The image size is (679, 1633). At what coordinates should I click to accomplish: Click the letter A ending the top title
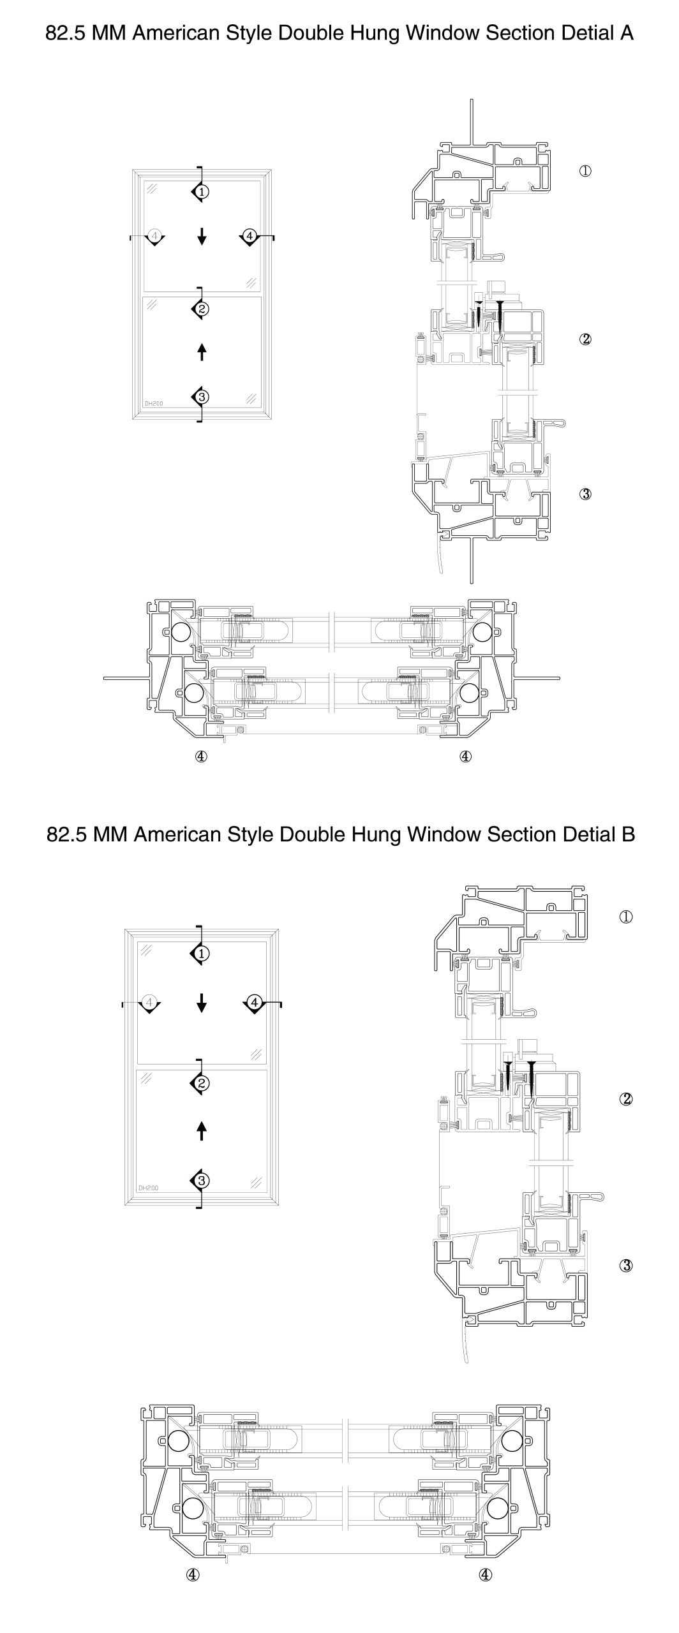(626, 34)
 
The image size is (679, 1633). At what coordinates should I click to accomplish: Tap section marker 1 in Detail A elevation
(201, 191)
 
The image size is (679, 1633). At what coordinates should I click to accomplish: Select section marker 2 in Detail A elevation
(201, 309)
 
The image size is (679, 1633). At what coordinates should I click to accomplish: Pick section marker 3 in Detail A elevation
(201, 397)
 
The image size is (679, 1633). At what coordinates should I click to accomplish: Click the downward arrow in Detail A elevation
(202, 237)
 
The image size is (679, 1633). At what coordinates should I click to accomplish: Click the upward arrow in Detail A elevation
(202, 351)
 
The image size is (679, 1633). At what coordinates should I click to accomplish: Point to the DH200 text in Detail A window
(153, 403)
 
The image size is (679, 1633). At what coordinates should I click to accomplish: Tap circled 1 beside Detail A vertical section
(585, 171)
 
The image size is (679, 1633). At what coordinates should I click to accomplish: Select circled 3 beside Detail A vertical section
(585, 494)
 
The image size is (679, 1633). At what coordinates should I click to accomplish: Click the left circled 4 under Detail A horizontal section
(201, 756)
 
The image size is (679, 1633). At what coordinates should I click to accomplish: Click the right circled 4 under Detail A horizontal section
(465, 756)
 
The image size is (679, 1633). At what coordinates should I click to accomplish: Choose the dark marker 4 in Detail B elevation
(254, 1003)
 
